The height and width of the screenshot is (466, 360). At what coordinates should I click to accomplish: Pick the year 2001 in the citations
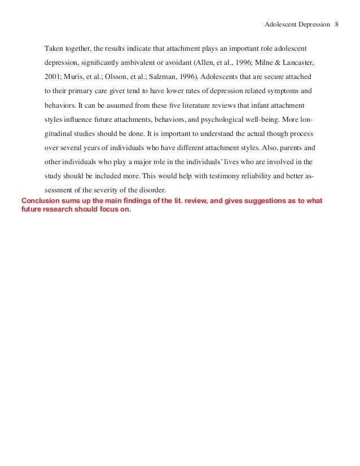(x=53, y=76)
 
